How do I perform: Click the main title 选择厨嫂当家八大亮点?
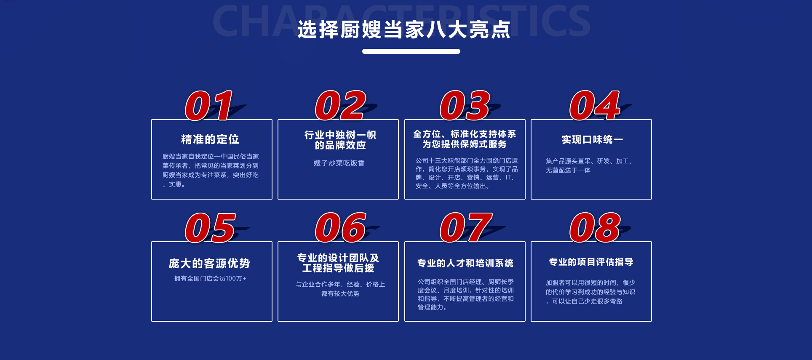pyautogui.click(x=404, y=29)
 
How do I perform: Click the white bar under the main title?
pyautogui.click(x=411, y=51)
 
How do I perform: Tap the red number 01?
pyautogui.click(x=209, y=105)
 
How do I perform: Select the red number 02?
pyautogui.click(x=341, y=105)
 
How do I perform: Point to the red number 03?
pyautogui.click(x=465, y=105)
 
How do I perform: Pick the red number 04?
pyautogui.click(x=595, y=105)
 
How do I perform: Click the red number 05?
pyautogui.click(x=210, y=228)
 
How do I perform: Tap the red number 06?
pyautogui.click(x=341, y=228)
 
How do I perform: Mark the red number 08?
pyautogui.click(x=595, y=228)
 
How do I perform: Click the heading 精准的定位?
pyautogui.click(x=210, y=139)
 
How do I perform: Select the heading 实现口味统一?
pyautogui.click(x=592, y=139)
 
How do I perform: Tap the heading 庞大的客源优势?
pyautogui.click(x=209, y=264)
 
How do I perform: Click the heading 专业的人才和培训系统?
pyautogui.click(x=465, y=263)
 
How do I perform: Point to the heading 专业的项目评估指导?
pyautogui.click(x=591, y=262)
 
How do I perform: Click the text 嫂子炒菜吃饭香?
pyautogui.click(x=339, y=163)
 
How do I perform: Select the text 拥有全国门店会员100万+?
pyautogui.click(x=211, y=278)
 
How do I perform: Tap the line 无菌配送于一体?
pyautogui.click(x=568, y=170)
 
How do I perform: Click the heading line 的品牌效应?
pyautogui.click(x=340, y=145)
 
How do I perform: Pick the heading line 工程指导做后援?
pyautogui.click(x=338, y=268)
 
